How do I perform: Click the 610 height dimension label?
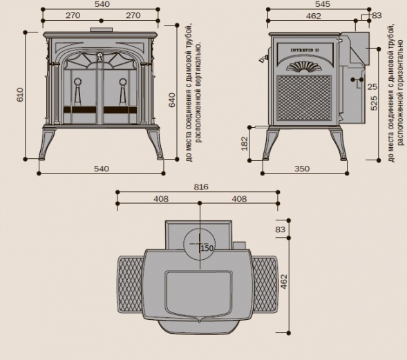(20, 95)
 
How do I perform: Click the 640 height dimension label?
(172, 100)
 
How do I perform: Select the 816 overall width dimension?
(201, 187)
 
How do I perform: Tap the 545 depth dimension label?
(323, 4)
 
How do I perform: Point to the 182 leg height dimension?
(245, 144)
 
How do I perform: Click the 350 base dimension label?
(302, 169)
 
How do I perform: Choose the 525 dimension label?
(374, 104)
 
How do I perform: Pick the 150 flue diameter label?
(207, 248)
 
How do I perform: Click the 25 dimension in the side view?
(372, 86)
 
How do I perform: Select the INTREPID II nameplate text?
(305, 50)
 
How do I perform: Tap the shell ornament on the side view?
(303, 66)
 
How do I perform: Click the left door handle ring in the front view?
(77, 82)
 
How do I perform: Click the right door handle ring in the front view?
(123, 82)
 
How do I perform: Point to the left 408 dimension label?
(161, 199)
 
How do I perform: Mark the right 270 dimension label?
(133, 16)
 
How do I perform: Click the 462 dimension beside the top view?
(284, 282)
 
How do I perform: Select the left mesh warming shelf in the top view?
(131, 285)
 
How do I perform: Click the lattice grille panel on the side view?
(304, 98)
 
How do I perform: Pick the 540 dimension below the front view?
(102, 169)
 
